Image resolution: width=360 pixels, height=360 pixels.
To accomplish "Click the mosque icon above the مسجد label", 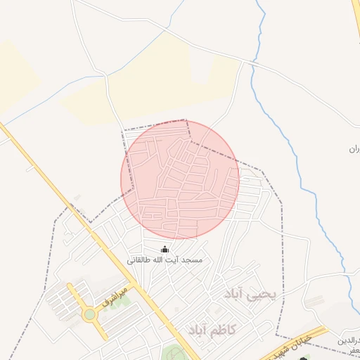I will (x=165, y=249).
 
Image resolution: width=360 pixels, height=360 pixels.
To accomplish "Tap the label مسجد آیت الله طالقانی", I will (x=165, y=260).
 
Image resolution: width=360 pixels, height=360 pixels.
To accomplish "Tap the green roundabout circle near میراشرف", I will (x=89, y=314).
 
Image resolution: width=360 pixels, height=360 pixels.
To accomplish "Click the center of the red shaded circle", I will (x=180, y=179).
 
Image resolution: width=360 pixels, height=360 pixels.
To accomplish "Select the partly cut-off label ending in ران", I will (x=354, y=149).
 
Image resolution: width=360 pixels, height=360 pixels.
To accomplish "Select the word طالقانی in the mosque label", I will (x=141, y=260).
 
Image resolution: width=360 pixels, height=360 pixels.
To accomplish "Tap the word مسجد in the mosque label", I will (x=192, y=260).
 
